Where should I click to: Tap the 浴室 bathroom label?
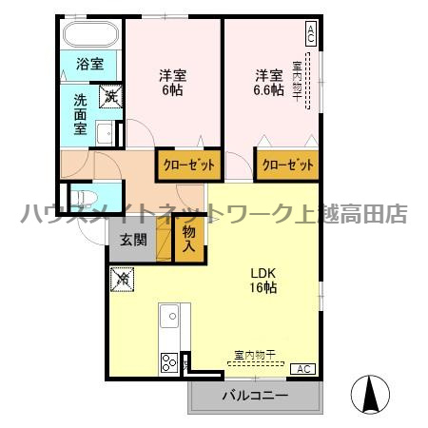90,67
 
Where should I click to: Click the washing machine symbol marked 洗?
111,95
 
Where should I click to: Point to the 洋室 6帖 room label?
171,83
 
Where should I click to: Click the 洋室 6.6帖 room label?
269,83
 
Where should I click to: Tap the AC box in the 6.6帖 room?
310,34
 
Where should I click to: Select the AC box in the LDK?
303,369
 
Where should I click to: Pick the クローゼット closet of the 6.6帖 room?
286,165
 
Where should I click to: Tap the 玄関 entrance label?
133,240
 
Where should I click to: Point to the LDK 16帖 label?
263,279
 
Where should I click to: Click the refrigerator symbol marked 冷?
122,281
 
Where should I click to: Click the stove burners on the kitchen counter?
169,362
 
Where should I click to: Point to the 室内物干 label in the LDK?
255,355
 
